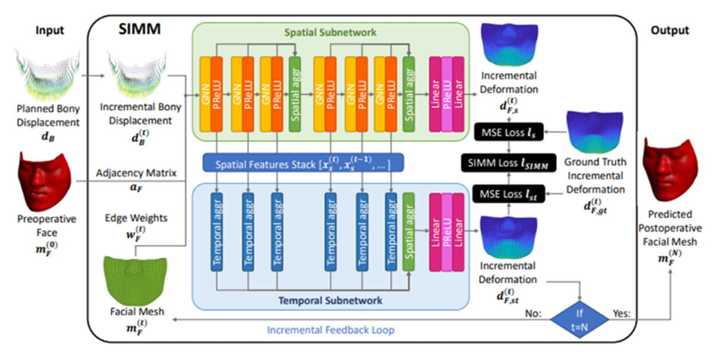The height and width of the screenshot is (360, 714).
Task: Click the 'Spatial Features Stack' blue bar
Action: (303, 162)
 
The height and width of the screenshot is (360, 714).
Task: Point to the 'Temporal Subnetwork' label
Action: (330, 300)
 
